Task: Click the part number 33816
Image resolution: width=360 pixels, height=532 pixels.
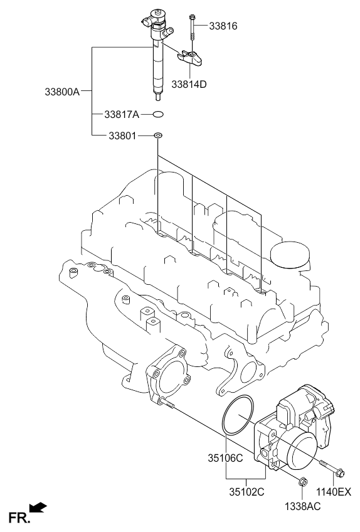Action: [223, 26]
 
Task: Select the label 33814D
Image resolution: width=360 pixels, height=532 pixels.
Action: [189, 84]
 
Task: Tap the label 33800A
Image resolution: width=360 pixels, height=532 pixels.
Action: [62, 92]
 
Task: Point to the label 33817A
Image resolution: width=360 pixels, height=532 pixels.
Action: [122, 115]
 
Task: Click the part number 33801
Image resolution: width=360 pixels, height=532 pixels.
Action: [122, 136]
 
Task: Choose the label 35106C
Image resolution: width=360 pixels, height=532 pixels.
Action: [225, 459]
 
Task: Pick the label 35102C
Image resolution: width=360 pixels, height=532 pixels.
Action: [246, 492]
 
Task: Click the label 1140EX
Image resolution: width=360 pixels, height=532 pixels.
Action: [334, 492]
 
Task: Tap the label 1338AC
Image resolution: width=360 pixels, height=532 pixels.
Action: [303, 506]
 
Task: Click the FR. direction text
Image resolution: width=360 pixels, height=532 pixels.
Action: [19, 518]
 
